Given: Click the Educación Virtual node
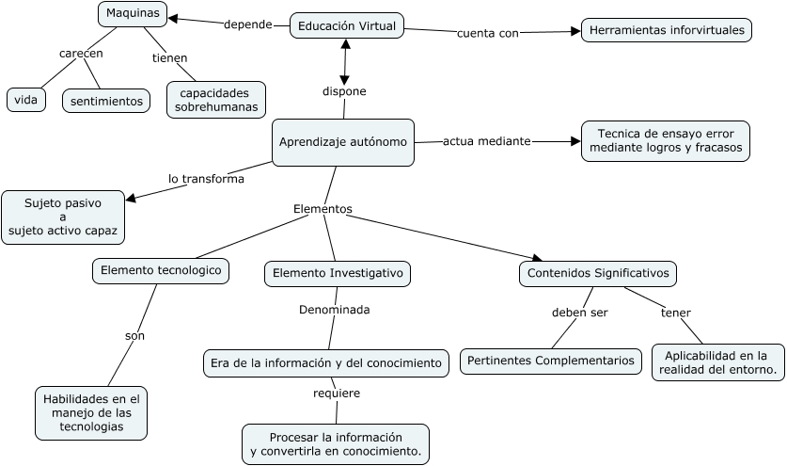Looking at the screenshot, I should coord(347,26).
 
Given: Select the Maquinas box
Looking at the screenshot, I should coord(133,14).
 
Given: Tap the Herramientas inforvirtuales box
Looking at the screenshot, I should coord(667,30).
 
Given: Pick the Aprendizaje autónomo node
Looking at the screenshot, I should coord(343,142).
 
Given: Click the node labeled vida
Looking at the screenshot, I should coord(25,99).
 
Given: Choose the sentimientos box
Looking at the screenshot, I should coord(106,100).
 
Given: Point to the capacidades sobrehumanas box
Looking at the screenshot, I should coord(216,100).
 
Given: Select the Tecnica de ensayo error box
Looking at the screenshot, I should coord(666,140).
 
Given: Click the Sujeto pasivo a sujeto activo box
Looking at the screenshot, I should coord(63,216).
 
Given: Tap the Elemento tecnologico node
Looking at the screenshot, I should coord(161,270).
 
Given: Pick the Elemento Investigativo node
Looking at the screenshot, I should coord(338,273).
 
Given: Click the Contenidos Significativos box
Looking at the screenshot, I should coord(598,273).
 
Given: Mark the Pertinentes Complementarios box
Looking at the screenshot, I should coord(551,361).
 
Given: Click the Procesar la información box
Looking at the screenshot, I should coord(336,444).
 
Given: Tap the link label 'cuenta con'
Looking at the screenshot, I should coord(487,34).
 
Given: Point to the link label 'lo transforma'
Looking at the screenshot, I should coord(206,178).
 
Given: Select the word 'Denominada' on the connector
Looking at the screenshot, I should coord(334,309).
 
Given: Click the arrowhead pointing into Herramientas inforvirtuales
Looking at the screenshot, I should coord(575,31).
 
